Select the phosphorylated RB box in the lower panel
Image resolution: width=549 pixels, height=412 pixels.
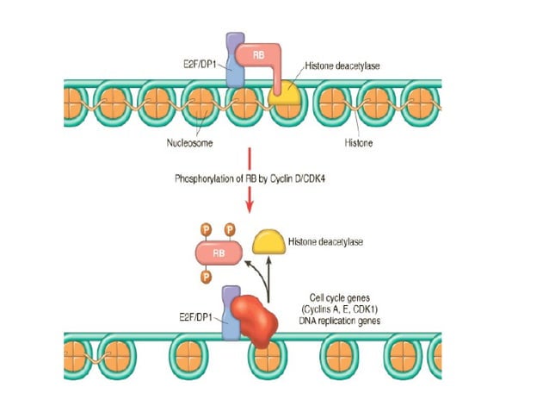tap(219, 253)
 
